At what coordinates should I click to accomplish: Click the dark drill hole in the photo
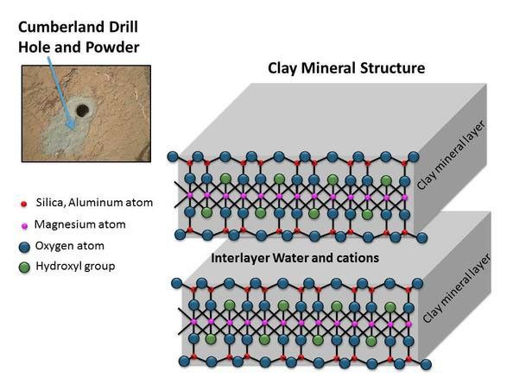point(83,110)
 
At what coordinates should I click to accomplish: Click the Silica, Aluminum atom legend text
point(93,203)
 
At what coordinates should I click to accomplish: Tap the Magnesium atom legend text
point(80,224)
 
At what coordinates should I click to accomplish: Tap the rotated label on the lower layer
point(457,288)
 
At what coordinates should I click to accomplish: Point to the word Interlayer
point(239,258)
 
